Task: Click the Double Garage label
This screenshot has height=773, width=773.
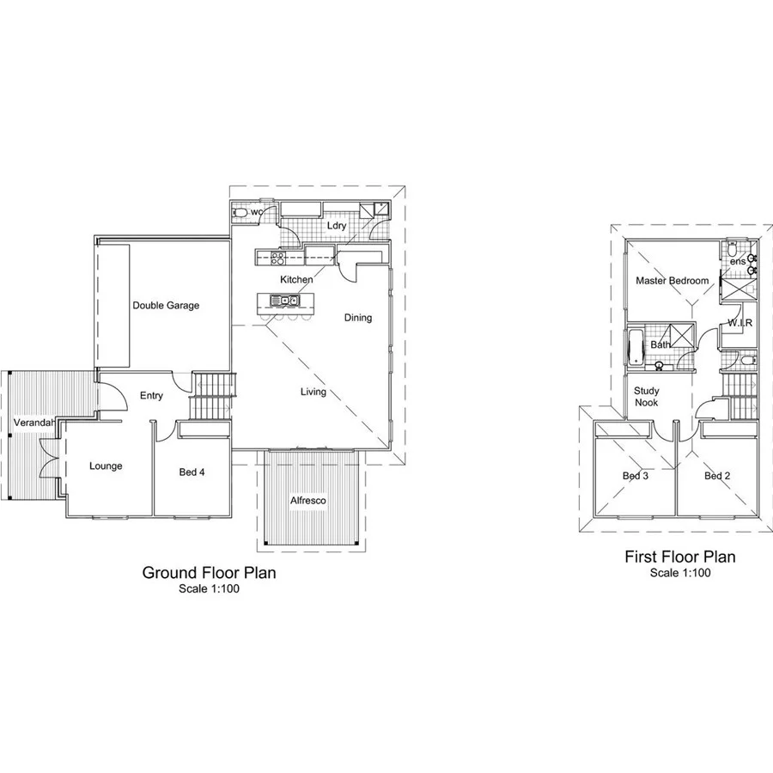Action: pos(166,305)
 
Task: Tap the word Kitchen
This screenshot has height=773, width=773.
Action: pos(296,280)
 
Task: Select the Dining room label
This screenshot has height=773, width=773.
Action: pos(358,318)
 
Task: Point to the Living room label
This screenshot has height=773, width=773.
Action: pos(313,393)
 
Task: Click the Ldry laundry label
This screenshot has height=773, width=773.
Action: pos(336,226)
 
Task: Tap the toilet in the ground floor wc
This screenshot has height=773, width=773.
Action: pos(240,212)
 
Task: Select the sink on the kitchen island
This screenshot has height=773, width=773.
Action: pos(283,301)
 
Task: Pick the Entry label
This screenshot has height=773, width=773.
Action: pos(151,396)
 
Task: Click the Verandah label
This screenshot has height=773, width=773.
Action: pos(33,423)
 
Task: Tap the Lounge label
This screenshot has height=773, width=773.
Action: pos(106,466)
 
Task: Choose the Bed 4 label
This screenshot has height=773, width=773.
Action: pos(192,472)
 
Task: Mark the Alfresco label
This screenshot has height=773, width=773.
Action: pos(307,500)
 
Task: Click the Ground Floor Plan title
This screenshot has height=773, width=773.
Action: pos(209,573)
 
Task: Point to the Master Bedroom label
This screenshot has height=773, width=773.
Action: pos(672,281)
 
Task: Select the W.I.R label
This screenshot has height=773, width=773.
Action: pos(740,323)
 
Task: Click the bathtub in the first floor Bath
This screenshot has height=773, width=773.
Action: pos(635,347)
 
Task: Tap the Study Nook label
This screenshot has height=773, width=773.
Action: pos(646,396)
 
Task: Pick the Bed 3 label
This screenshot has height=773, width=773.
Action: pos(635,476)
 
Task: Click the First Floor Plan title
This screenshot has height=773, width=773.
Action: pos(680,557)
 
